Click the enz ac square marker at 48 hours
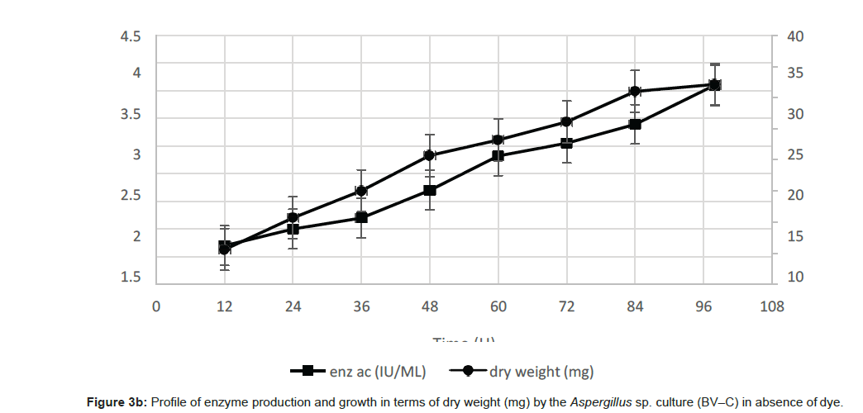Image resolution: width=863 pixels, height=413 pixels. tap(430, 190)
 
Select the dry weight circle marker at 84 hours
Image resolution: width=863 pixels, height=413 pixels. tap(635, 92)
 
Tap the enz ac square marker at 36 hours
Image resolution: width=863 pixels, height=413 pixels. tap(361, 217)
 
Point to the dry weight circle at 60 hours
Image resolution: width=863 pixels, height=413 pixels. tap(498, 140)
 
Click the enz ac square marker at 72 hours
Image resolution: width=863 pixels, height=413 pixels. tap(566, 143)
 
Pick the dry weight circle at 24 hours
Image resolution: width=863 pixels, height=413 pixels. tap(293, 218)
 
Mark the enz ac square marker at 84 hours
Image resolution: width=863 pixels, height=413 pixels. tap(635, 124)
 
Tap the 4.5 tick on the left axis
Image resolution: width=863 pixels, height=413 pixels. tap(131, 37)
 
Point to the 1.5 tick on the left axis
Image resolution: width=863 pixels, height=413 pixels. tap(131, 277)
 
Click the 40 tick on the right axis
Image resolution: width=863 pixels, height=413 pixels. tap(794, 37)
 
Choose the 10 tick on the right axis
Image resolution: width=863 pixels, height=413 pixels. tap(794, 277)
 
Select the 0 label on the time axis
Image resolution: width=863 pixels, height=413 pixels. tap(155, 306)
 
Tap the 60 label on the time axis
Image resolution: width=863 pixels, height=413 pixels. tap(498, 306)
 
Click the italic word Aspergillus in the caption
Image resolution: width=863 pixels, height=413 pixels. tap(598, 402)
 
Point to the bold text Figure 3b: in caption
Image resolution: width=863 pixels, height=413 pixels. tap(117, 402)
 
